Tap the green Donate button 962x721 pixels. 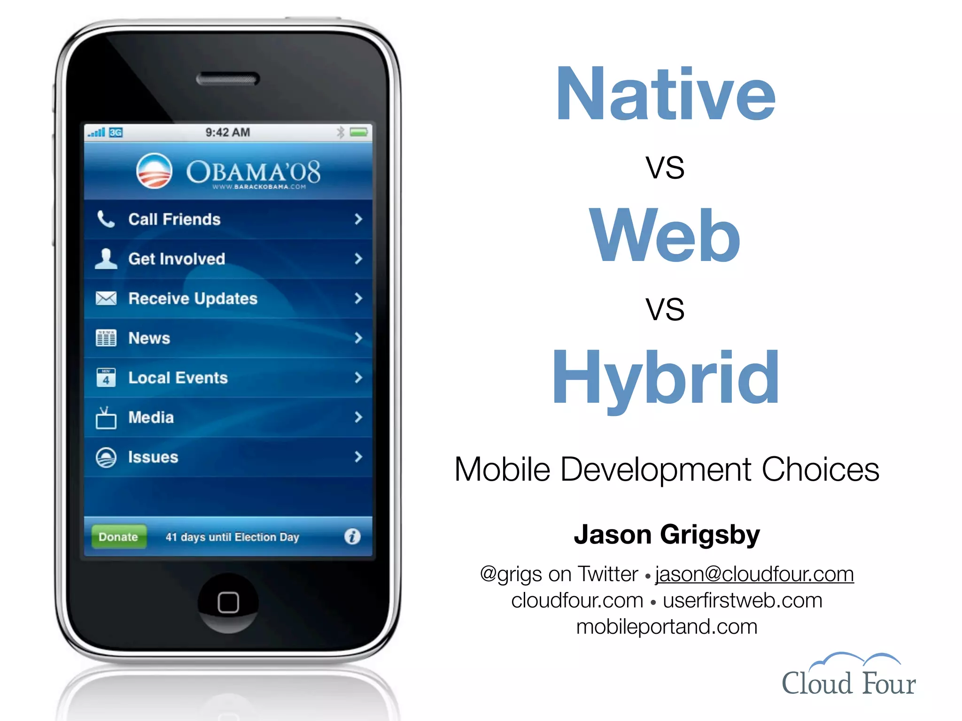118,537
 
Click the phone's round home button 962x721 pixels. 228,602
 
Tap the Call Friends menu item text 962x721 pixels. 174,219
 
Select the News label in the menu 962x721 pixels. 149,338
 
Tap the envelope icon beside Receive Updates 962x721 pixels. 106,298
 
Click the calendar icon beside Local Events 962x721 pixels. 106,377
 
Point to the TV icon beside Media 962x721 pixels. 106,418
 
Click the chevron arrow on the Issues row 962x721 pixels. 358,457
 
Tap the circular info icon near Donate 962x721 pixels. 352,536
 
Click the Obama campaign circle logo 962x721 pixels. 154,171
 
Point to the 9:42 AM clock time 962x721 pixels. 228,132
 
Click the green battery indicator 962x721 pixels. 359,132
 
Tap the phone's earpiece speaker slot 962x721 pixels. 228,79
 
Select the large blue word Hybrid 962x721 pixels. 665,378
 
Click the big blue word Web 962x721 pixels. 665,236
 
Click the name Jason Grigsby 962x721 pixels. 667,535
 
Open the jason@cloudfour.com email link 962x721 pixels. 754,574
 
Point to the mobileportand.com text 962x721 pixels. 667,627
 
